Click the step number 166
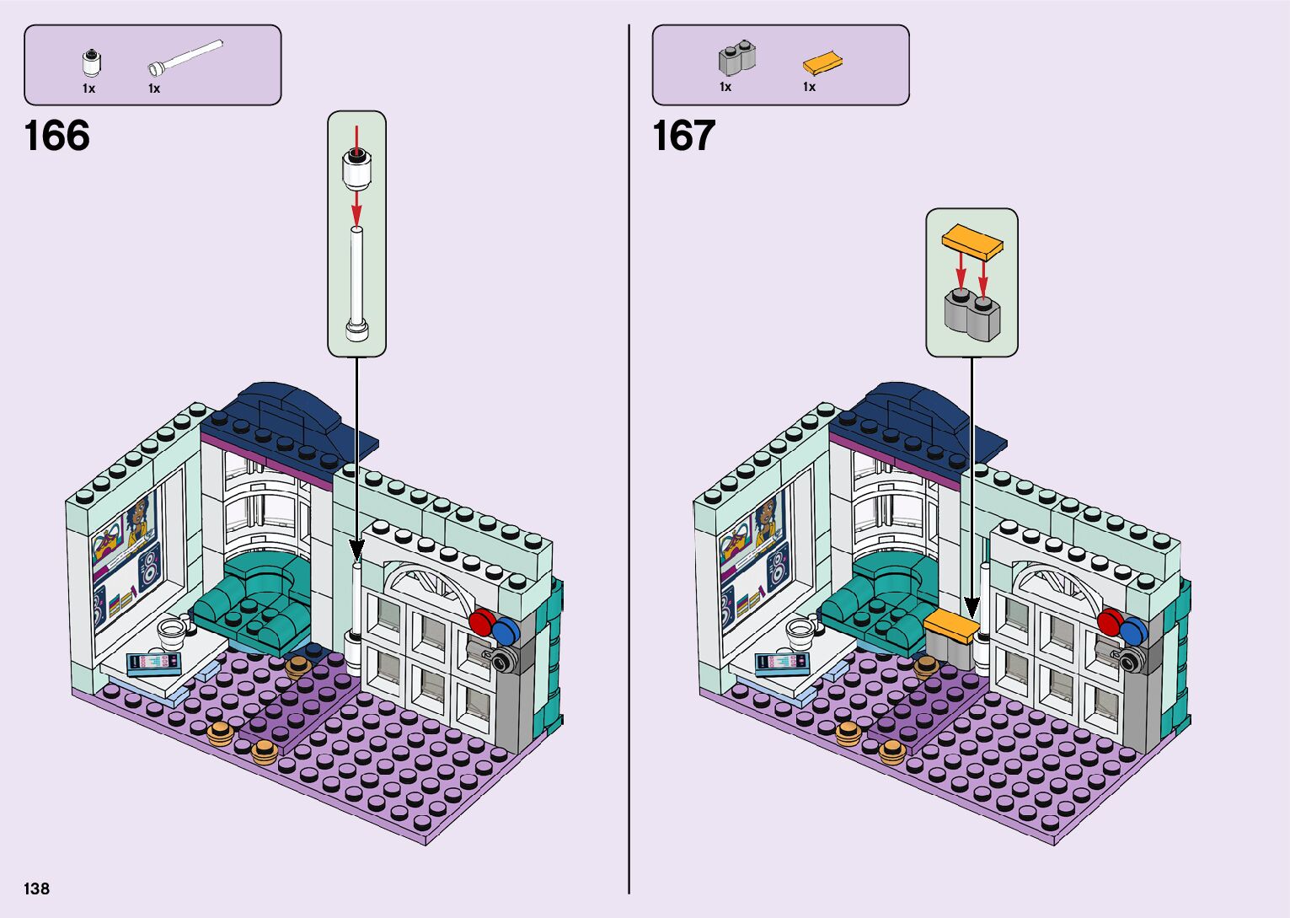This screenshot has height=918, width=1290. (57, 136)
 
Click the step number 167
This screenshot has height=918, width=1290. (683, 136)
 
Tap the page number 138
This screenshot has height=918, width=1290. (37, 888)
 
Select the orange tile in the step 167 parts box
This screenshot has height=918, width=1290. (822, 63)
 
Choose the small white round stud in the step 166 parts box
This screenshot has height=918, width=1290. (90, 63)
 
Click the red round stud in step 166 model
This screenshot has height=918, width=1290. (481, 623)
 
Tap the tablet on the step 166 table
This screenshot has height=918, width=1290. (153, 663)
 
